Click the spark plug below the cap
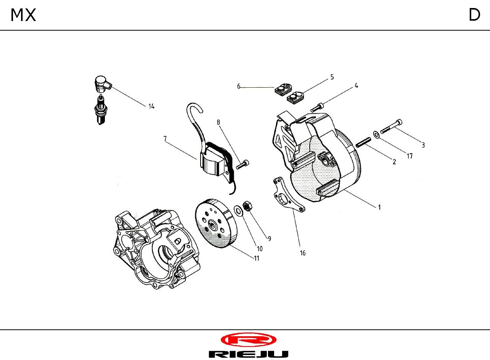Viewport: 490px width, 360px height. (x=100, y=110)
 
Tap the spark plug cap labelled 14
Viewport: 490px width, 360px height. (x=102, y=84)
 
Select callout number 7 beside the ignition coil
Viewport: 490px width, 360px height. (x=165, y=139)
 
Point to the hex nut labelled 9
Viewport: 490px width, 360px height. (x=248, y=206)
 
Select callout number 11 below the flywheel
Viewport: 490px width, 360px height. (x=256, y=258)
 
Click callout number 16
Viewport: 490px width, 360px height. (x=302, y=253)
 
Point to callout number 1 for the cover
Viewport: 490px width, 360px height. (x=379, y=207)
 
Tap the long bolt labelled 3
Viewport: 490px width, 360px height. (x=391, y=126)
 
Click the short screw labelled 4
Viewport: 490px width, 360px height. (x=317, y=108)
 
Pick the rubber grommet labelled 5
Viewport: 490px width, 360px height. (x=295, y=97)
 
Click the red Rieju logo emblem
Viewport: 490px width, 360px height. (x=248, y=340)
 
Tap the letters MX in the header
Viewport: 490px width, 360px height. (x=23, y=15)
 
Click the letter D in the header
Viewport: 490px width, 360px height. (x=474, y=15)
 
